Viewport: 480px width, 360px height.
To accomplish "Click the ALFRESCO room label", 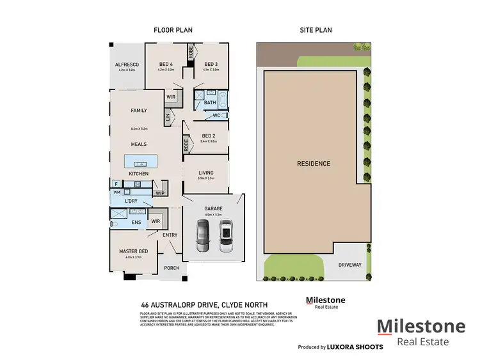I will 125,65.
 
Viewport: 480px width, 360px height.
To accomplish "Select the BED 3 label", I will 212,65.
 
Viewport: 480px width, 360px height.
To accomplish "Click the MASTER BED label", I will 134,251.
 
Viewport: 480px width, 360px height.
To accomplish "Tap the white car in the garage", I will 225,237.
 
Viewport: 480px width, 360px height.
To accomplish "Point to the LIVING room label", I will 206,172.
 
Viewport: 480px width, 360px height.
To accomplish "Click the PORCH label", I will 172,268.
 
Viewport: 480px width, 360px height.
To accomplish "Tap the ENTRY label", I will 170,235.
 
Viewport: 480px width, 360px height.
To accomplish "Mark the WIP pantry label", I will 159,192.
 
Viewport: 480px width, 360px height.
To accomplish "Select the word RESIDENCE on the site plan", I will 314,164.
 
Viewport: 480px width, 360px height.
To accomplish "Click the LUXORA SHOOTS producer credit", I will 355,347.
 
